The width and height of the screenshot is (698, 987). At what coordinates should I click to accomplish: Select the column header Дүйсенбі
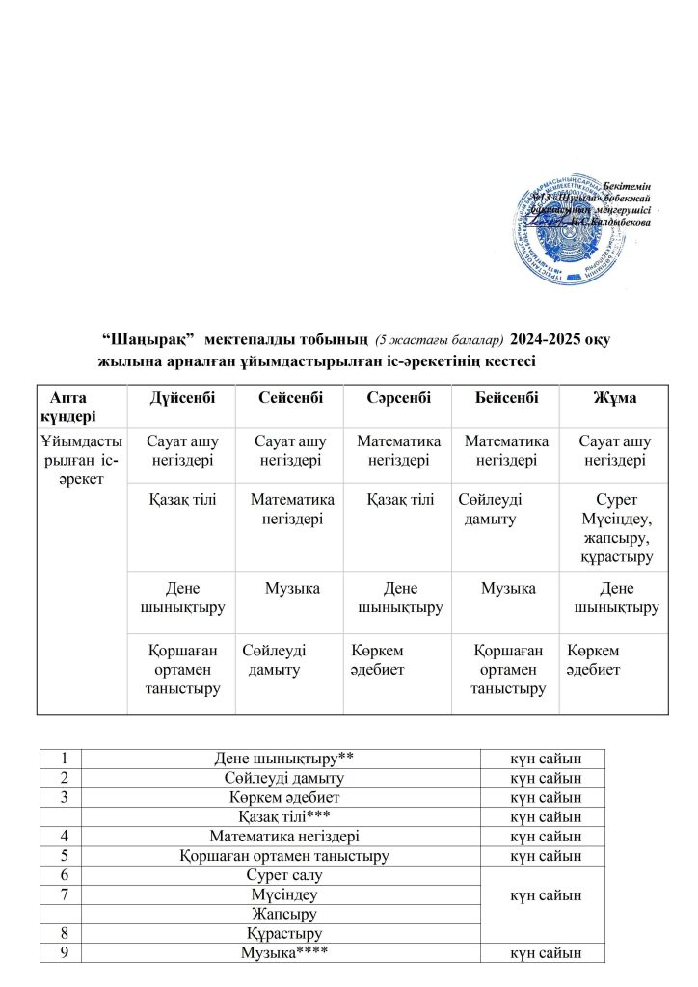pos(182,398)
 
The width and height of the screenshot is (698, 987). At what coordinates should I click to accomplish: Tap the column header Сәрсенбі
pos(399,398)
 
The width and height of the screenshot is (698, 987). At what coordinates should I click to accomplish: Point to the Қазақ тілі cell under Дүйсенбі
pos(182,499)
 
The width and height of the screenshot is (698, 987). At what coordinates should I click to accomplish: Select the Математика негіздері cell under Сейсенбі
pos(292,509)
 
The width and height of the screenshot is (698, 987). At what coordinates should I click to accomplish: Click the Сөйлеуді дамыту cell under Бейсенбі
pos(492,509)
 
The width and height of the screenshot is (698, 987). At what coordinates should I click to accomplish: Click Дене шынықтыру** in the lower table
pos(280,758)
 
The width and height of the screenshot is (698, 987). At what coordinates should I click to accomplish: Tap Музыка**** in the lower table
pos(280,953)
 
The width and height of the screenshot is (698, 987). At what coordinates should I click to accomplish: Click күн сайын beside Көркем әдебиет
pos(546,797)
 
